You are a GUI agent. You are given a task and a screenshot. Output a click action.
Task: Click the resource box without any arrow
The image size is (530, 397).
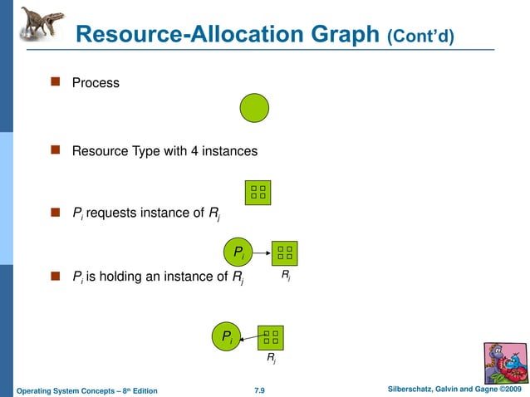[x=258, y=193]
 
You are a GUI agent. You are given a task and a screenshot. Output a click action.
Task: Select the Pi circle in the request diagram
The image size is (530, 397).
[x=238, y=252]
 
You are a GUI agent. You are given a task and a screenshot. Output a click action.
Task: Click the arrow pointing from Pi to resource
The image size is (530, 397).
[x=262, y=252]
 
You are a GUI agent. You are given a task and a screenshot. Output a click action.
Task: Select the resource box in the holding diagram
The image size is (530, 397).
[x=271, y=336]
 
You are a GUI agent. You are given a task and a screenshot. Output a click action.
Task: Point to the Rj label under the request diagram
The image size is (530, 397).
[x=286, y=274]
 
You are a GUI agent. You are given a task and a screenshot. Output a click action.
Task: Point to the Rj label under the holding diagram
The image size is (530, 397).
[x=271, y=359]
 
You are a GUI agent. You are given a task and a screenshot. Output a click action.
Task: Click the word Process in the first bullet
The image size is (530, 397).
[x=96, y=83]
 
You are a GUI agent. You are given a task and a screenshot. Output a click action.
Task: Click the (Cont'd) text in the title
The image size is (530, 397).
[x=420, y=37]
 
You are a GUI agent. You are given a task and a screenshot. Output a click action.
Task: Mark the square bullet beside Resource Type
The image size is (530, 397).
[x=56, y=150]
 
